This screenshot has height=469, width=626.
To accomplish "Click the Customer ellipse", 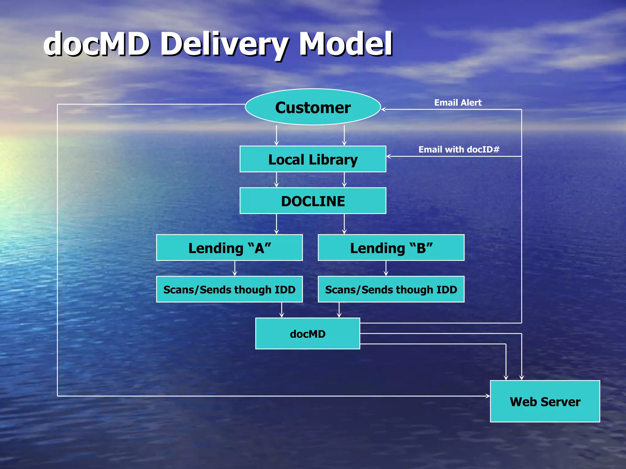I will tap(313, 107).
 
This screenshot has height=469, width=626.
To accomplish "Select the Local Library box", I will tap(313, 159).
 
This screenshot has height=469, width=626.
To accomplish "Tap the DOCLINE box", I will tap(313, 201).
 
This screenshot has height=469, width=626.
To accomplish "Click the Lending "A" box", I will tap(229, 248).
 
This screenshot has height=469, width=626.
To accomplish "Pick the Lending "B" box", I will tap(391, 248).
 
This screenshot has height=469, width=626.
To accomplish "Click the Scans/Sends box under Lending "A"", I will tap(229, 289).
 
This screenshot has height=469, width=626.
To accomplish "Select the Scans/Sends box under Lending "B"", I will tap(391, 289).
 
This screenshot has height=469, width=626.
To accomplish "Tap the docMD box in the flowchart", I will tap(307, 333).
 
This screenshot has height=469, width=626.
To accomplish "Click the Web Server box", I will tap(545, 401).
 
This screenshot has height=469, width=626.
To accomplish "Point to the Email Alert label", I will tap(458, 103).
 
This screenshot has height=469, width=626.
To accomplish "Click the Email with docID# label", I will tap(459, 149).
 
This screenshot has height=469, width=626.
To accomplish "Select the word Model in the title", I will tap(346, 44).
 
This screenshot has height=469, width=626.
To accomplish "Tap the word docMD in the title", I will tap(97, 44).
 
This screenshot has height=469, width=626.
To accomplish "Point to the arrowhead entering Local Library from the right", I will tap(389, 156).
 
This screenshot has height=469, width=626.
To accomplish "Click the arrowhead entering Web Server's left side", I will tap(488, 396).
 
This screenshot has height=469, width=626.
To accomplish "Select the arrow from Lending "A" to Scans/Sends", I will tap(235, 269).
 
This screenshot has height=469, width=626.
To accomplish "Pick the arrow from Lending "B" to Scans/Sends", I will tap(386, 269).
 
